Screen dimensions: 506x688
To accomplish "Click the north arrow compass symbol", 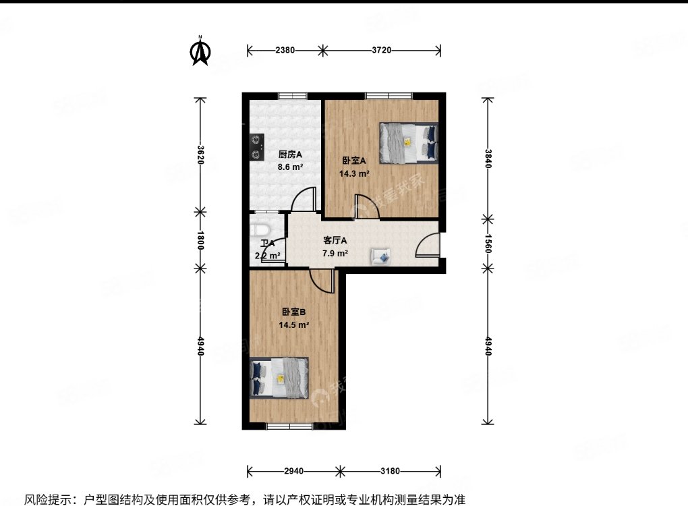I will point(200,51).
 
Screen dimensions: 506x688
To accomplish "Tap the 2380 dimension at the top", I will point(284,50).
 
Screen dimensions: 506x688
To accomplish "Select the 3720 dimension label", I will point(381,50).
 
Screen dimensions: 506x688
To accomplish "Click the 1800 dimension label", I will point(200,240).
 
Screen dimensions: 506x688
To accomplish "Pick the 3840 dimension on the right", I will point(488,158).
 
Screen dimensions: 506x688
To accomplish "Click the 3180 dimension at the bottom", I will point(390,470).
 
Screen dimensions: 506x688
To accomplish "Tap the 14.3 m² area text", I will point(353,173).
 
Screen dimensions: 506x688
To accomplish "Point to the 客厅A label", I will point(335,240).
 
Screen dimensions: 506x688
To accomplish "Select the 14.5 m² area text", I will point(294,325).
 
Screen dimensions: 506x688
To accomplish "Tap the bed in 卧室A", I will point(408,142).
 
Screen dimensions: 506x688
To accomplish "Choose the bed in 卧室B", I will point(279,377).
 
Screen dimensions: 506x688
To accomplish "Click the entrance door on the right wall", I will point(428,246).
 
